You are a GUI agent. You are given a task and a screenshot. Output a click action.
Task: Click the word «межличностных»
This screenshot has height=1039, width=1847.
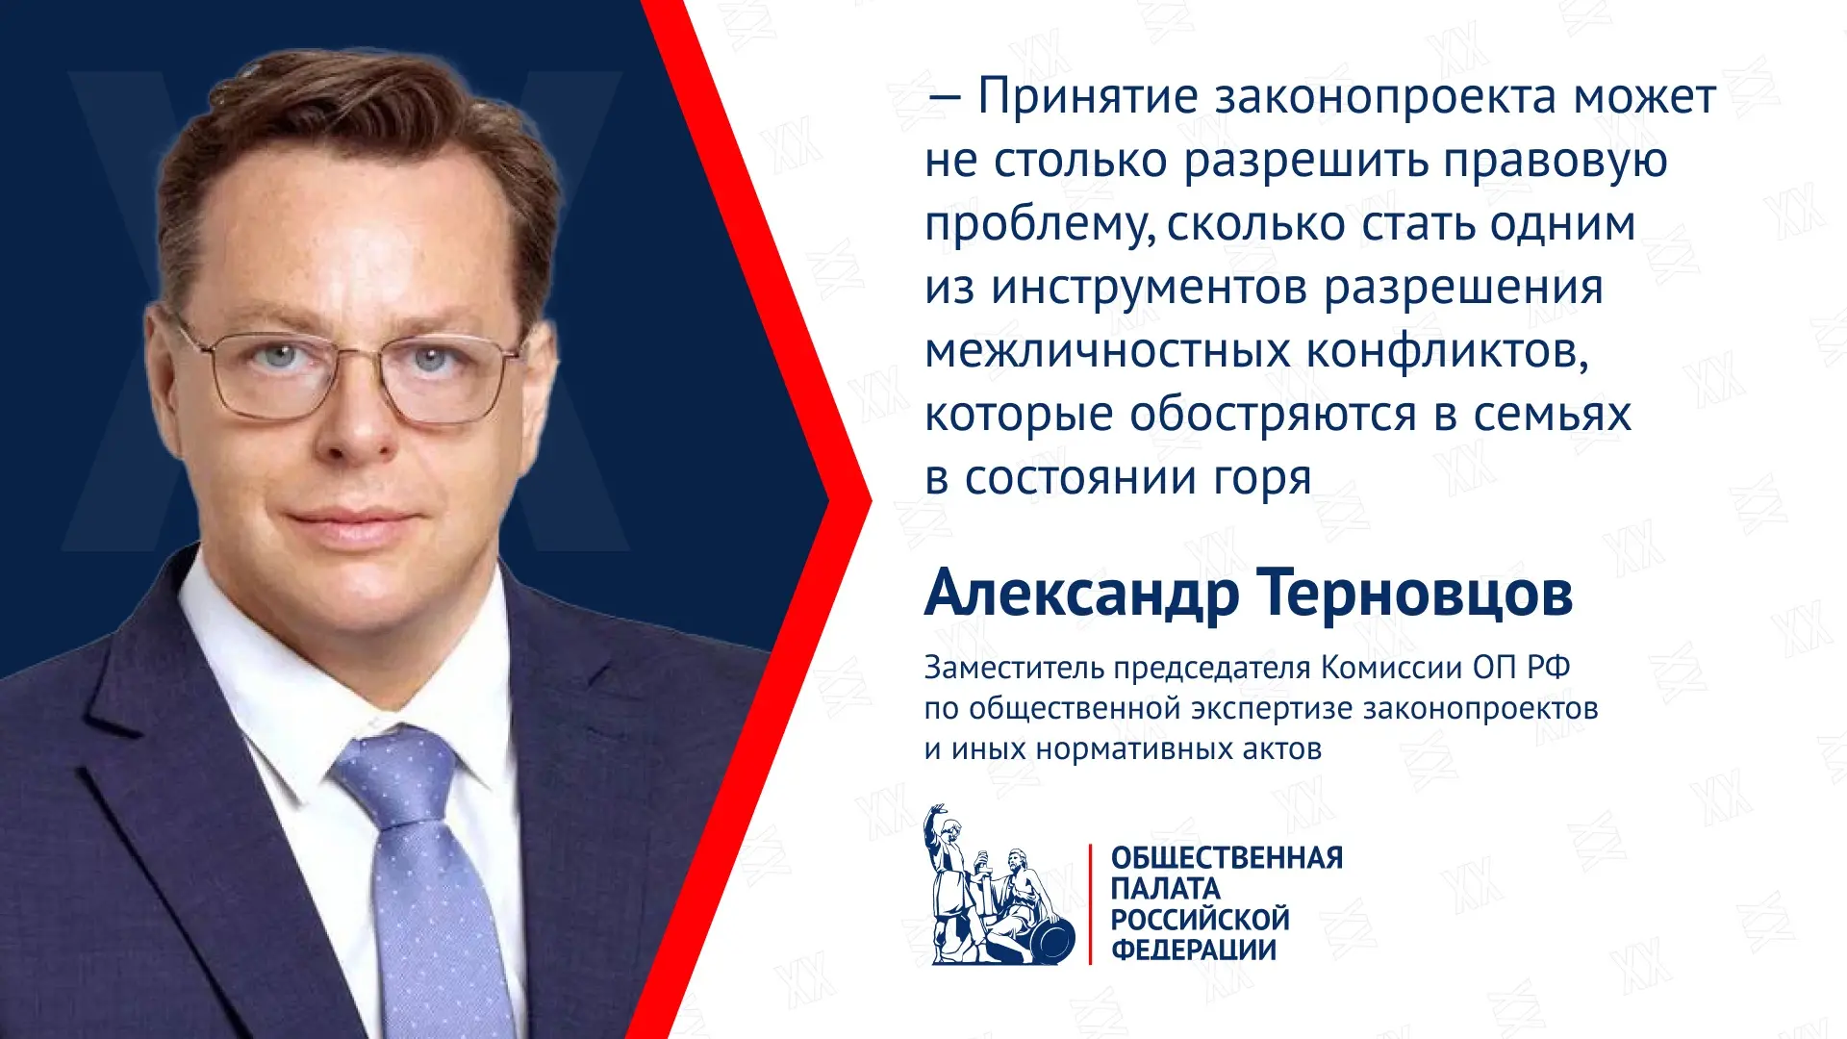1108,351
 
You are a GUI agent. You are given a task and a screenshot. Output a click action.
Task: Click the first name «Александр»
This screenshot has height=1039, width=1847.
1081,594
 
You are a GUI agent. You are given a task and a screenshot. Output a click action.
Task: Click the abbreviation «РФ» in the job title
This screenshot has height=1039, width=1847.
1549,667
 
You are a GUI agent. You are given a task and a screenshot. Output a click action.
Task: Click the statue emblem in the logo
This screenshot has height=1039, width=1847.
999,885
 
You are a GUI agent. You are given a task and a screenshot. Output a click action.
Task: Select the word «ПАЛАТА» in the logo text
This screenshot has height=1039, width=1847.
1165,888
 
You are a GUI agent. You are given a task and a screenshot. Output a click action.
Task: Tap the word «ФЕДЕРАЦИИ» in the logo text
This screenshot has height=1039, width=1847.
1194,950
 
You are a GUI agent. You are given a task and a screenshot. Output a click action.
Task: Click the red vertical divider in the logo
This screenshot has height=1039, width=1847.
1091,904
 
